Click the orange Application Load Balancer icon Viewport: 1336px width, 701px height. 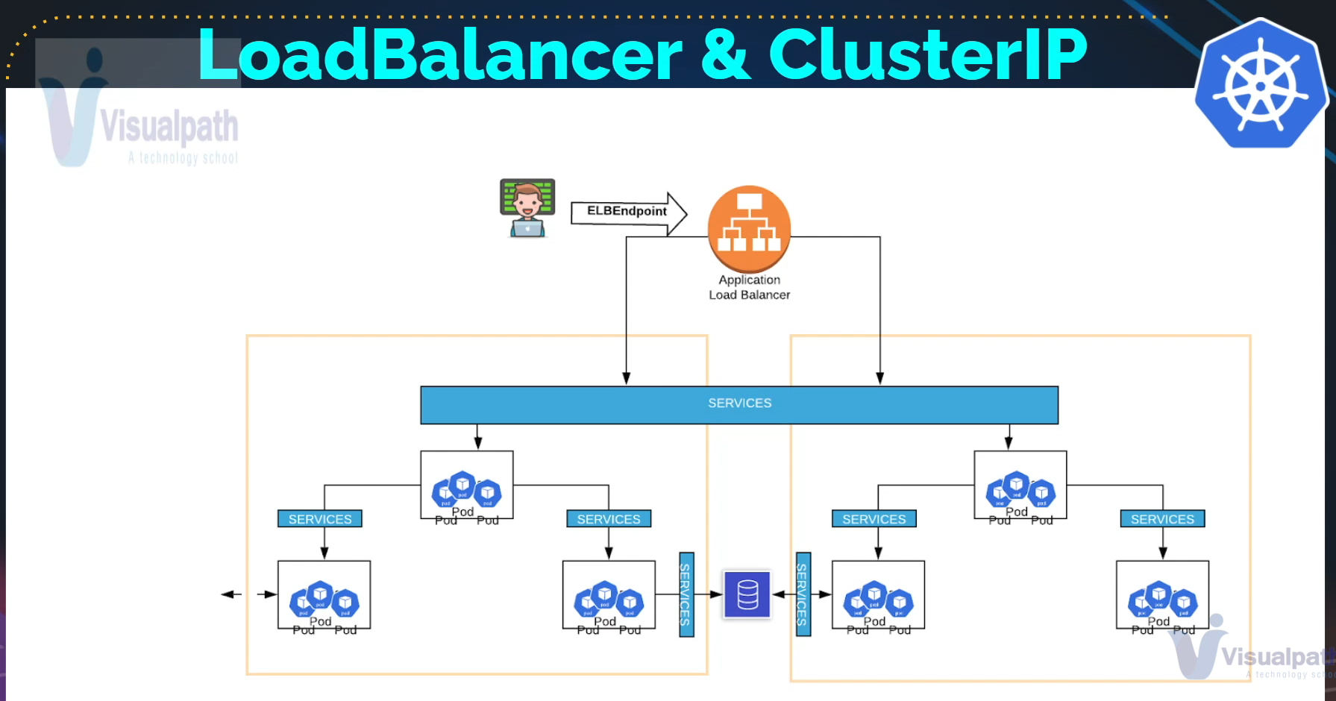[749, 227]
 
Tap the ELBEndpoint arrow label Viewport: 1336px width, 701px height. [627, 211]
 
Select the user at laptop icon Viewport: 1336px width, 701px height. [527, 208]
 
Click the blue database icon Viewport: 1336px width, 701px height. [747, 594]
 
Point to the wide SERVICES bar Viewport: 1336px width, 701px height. [739, 404]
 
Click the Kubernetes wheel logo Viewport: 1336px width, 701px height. [1260, 85]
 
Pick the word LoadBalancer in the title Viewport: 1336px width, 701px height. [440, 54]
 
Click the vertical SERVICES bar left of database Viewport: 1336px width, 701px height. [686, 594]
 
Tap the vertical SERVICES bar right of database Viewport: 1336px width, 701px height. [803, 594]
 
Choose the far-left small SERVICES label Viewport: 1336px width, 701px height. [320, 519]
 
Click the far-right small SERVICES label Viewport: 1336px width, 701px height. [1162, 519]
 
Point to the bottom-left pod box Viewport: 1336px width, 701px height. [324, 595]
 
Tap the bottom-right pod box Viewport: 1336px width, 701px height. [1162, 595]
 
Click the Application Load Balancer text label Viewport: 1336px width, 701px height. [749, 287]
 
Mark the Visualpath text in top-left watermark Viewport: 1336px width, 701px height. [169, 126]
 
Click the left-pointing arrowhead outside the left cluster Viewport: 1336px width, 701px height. [227, 594]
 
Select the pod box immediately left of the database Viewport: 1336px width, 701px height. [609, 595]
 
